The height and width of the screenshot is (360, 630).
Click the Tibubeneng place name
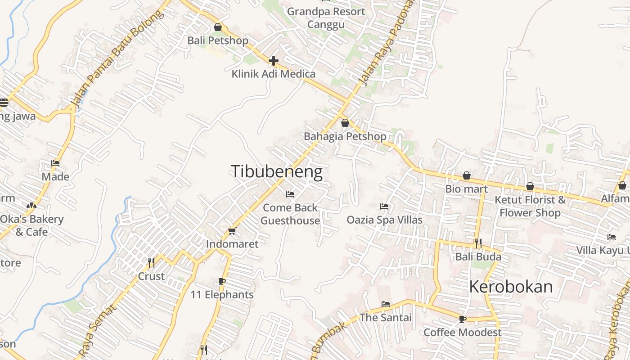[x=276, y=172]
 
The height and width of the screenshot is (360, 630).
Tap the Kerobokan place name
[x=511, y=287]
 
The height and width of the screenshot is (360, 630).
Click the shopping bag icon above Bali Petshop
[x=218, y=27]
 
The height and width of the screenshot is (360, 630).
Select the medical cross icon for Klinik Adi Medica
[x=273, y=61]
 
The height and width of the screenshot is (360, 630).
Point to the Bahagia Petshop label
[x=345, y=136]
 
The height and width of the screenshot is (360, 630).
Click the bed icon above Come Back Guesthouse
[x=290, y=194]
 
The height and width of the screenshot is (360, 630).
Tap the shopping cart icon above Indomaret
[x=232, y=231]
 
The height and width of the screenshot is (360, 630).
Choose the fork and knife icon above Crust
[x=151, y=262]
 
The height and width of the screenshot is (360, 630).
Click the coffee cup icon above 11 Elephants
[x=221, y=282]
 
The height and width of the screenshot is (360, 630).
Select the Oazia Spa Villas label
[x=384, y=220]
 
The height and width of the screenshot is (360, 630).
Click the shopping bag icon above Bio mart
[x=467, y=175]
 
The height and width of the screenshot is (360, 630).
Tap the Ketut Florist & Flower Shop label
[x=530, y=206]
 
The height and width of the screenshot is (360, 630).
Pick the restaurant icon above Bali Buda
[x=478, y=243]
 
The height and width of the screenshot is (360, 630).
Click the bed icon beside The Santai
[x=386, y=304]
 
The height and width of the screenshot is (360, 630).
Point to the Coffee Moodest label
[x=462, y=332]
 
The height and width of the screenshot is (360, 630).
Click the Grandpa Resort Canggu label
[x=326, y=18]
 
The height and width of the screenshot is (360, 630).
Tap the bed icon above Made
[x=55, y=163]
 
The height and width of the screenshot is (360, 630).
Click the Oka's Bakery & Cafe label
[x=31, y=225]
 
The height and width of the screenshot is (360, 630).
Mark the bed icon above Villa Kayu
[x=611, y=237]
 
